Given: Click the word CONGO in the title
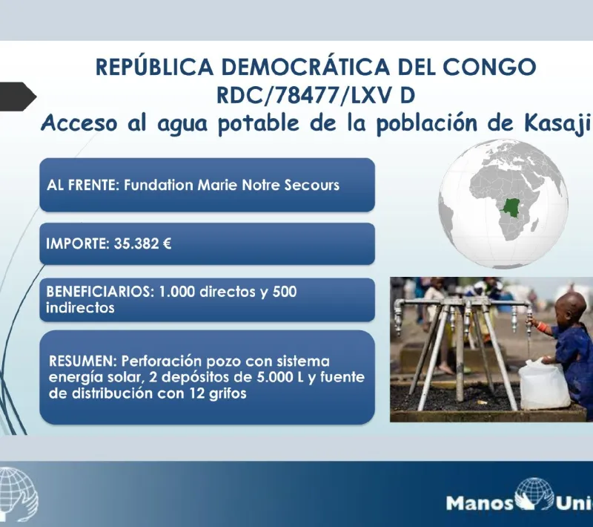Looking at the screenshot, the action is click(x=489, y=67).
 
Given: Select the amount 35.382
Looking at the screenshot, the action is click(x=136, y=243).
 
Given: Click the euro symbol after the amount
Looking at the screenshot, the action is click(x=167, y=243).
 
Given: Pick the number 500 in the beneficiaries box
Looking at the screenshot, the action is click(x=285, y=292).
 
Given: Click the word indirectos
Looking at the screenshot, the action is click(x=80, y=308).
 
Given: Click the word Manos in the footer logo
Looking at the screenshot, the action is click(x=480, y=503).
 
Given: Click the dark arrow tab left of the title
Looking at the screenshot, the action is click(x=18, y=96).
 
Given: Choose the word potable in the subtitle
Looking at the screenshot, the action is click(x=258, y=124).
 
